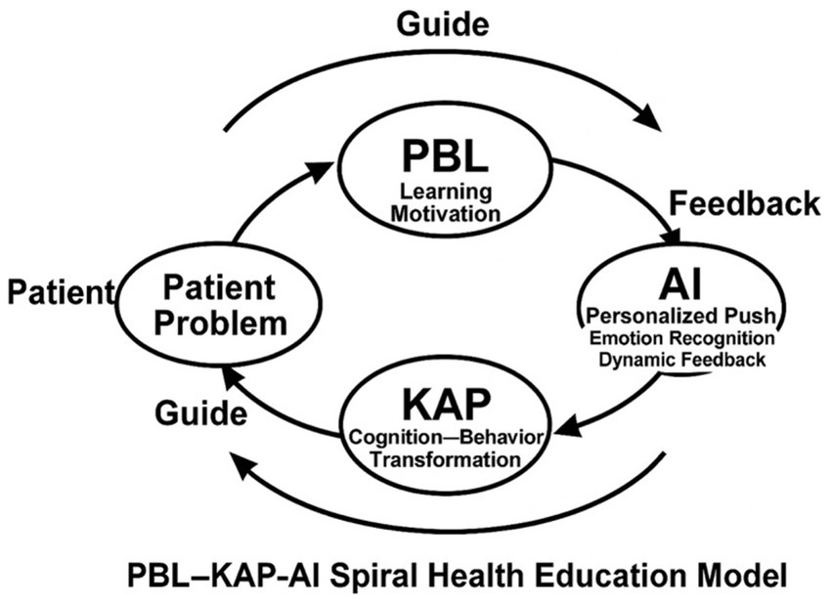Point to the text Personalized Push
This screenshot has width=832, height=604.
[677, 317]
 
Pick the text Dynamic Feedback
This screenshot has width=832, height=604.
[682, 360]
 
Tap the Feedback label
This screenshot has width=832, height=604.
[744, 204]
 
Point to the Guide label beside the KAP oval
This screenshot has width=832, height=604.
[199, 412]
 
